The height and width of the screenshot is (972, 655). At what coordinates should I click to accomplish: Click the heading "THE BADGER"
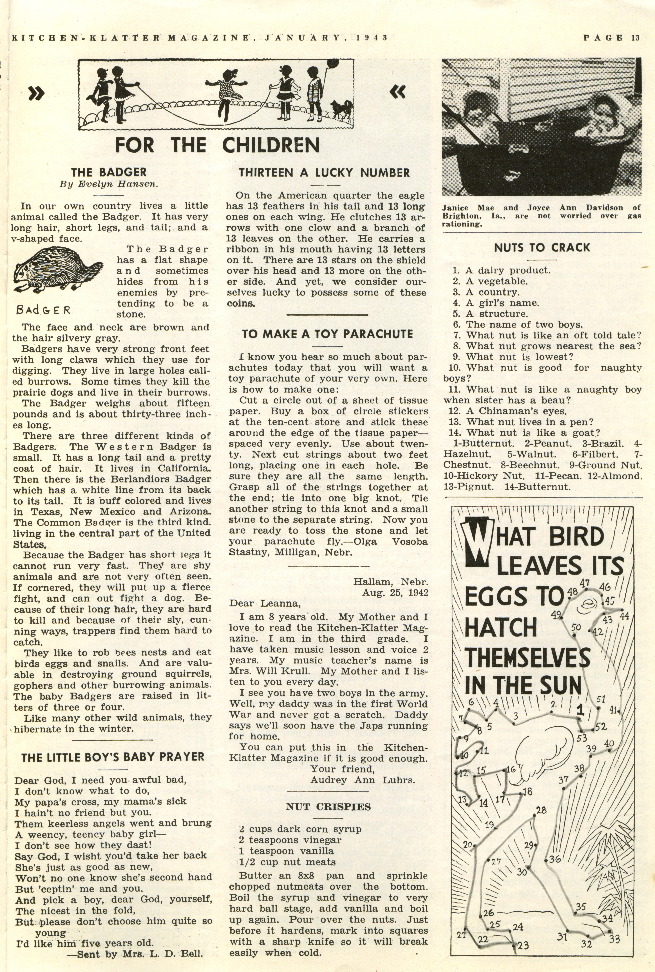pyautogui.click(x=109, y=172)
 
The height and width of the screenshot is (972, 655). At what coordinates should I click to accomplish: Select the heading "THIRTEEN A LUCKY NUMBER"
pyautogui.click(x=324, y=172)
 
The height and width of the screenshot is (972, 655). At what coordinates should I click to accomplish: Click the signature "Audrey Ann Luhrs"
pyautogui.click(x=363, y=779)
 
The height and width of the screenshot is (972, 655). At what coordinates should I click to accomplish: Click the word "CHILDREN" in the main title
pyautogui.click(x=271, y=145)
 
